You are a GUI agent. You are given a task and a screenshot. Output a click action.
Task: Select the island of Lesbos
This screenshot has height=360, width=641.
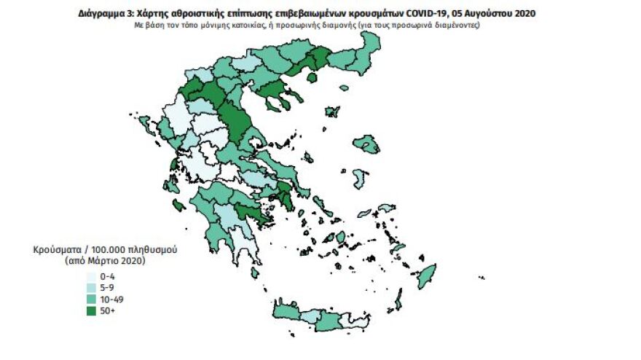pos(366,144)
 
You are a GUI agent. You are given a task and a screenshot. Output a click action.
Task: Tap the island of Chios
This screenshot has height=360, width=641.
pos(360,179)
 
